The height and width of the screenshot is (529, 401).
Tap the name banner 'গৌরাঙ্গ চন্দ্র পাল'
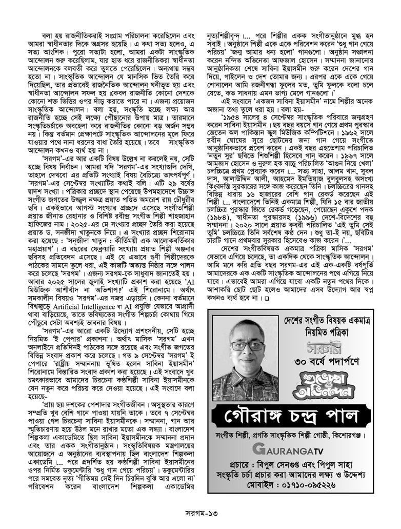(294, 414)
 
